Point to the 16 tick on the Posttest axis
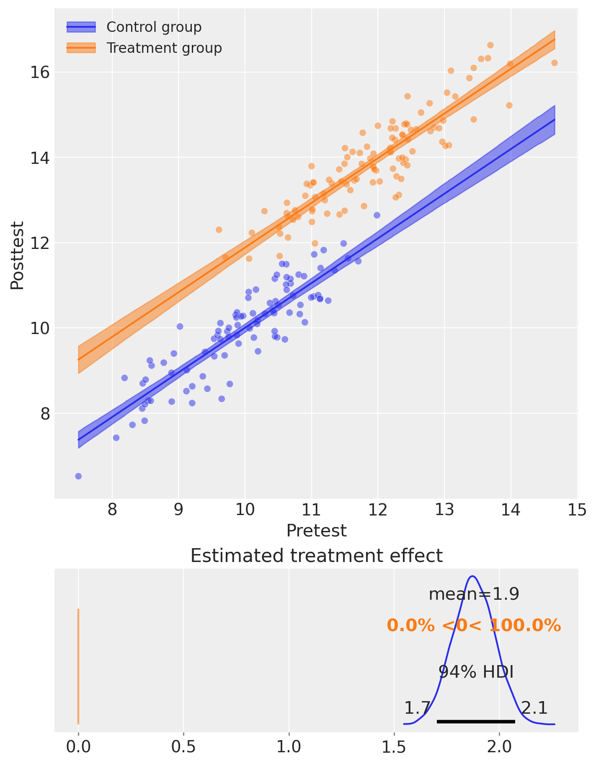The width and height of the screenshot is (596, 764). (x=39, y=73)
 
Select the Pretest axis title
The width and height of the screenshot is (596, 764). (x=316, y=531)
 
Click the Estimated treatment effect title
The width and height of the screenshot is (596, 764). (x=316, y=556)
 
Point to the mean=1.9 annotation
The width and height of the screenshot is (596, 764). (x=474, y=594)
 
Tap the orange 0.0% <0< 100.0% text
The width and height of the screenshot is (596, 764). (x=474, y=626)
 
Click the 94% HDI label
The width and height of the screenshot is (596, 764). (x=476, y=672)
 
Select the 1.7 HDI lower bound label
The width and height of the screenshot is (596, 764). (x=417, y=708)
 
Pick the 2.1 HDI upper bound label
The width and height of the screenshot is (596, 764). (x=534, y=708)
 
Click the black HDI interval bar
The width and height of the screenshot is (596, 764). (x=476, y=721)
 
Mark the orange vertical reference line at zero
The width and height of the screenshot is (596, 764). (x=78, y=666)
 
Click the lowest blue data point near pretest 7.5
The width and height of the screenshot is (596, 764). (x=78, y=476)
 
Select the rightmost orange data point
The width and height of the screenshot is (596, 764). (x=554, y=63)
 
